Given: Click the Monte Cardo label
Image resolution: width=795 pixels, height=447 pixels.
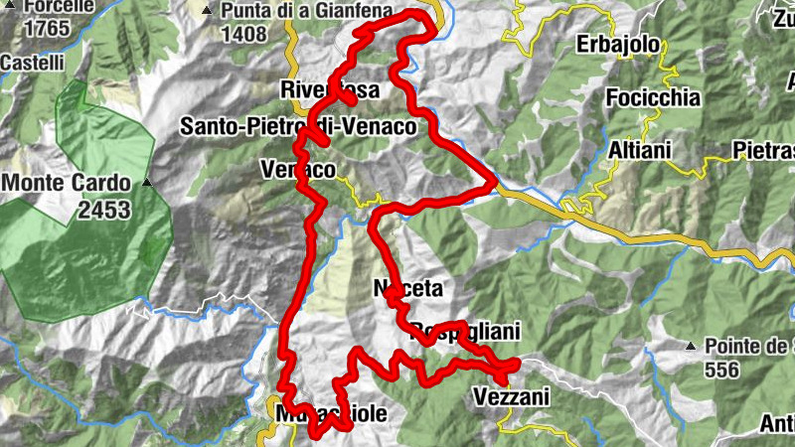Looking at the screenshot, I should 68,184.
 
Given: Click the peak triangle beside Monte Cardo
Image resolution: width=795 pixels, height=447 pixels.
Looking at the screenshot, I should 147,183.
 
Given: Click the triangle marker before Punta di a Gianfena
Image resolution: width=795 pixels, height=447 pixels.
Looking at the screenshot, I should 207,12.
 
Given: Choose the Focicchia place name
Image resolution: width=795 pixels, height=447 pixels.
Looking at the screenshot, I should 653,97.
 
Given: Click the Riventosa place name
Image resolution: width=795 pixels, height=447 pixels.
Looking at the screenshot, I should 330,89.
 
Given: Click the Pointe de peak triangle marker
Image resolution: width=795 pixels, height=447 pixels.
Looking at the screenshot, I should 691,347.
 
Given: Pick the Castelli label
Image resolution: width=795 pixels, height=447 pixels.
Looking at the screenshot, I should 32,63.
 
